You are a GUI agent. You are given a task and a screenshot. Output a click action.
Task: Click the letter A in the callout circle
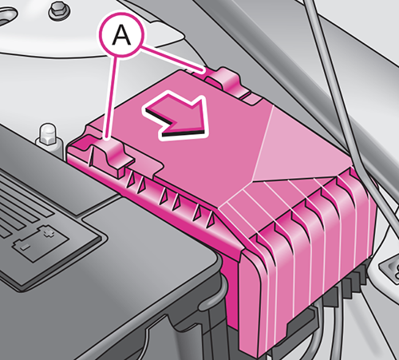tap(121, 35)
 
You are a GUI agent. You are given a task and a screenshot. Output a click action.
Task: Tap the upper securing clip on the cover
tap(227, 81)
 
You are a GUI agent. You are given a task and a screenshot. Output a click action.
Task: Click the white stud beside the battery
tap(49, 136)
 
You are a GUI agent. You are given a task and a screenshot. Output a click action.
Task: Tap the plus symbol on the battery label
tap(47, 232)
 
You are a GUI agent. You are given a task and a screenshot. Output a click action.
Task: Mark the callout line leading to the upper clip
tap(172, 59)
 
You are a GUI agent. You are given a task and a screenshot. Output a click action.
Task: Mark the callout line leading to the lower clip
tap(111, 97)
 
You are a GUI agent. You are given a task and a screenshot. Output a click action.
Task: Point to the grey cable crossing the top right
tap(343, 106)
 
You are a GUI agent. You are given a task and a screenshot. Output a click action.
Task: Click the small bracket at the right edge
tap(390, 271)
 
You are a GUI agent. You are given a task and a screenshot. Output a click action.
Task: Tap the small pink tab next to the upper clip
tap(251, 99)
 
